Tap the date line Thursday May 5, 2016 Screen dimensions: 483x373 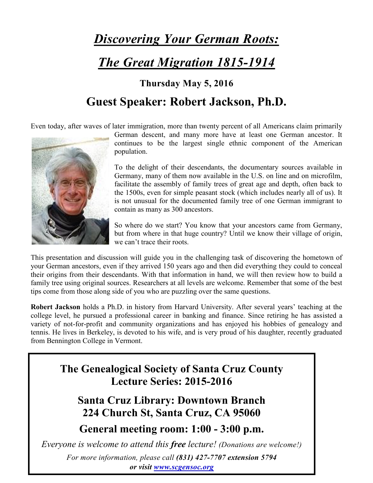(x=186, y=83)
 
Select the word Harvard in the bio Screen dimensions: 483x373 (x=186, y=307)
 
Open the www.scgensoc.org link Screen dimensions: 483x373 (x=184, y=467)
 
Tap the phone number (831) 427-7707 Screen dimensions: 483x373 (x=201, y=457)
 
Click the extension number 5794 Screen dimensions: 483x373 (x=268, y=457)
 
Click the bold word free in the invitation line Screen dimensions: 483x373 (x=178, y=444)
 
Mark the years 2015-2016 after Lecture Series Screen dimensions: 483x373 (x=208, y=381)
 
